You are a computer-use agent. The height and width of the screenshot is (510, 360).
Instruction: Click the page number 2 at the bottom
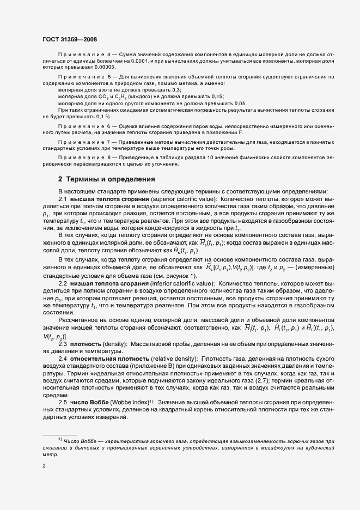[x=45, y=465]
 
